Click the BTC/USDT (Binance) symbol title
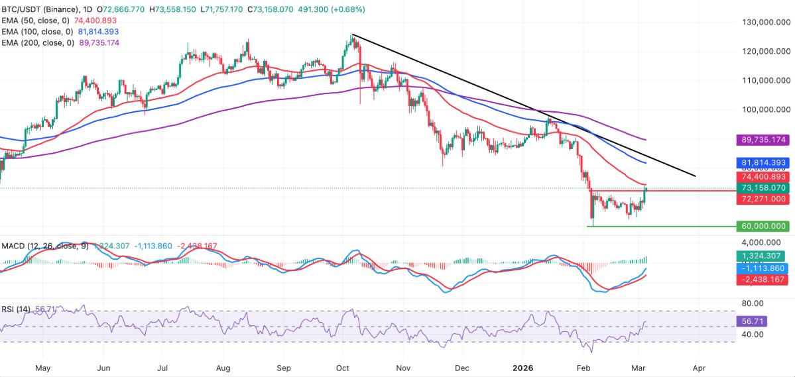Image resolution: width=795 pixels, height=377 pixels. (47, 10)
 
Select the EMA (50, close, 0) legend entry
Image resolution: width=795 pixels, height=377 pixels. (36, 21)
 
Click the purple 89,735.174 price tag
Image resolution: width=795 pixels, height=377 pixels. (763, 140)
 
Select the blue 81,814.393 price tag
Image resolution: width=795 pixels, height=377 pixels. (763, 162)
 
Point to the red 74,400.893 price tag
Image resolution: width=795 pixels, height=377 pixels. (763, 177)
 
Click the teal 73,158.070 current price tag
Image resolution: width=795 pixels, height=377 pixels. (763, 188)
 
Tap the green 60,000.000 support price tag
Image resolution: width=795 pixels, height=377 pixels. (763, 227)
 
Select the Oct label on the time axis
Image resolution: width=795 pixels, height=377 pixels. (343, 367)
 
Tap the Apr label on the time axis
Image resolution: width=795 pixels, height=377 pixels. (698, 367)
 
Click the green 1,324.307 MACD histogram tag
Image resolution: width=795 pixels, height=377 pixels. (763, 256)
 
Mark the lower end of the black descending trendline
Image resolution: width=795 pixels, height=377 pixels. (696, 176)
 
